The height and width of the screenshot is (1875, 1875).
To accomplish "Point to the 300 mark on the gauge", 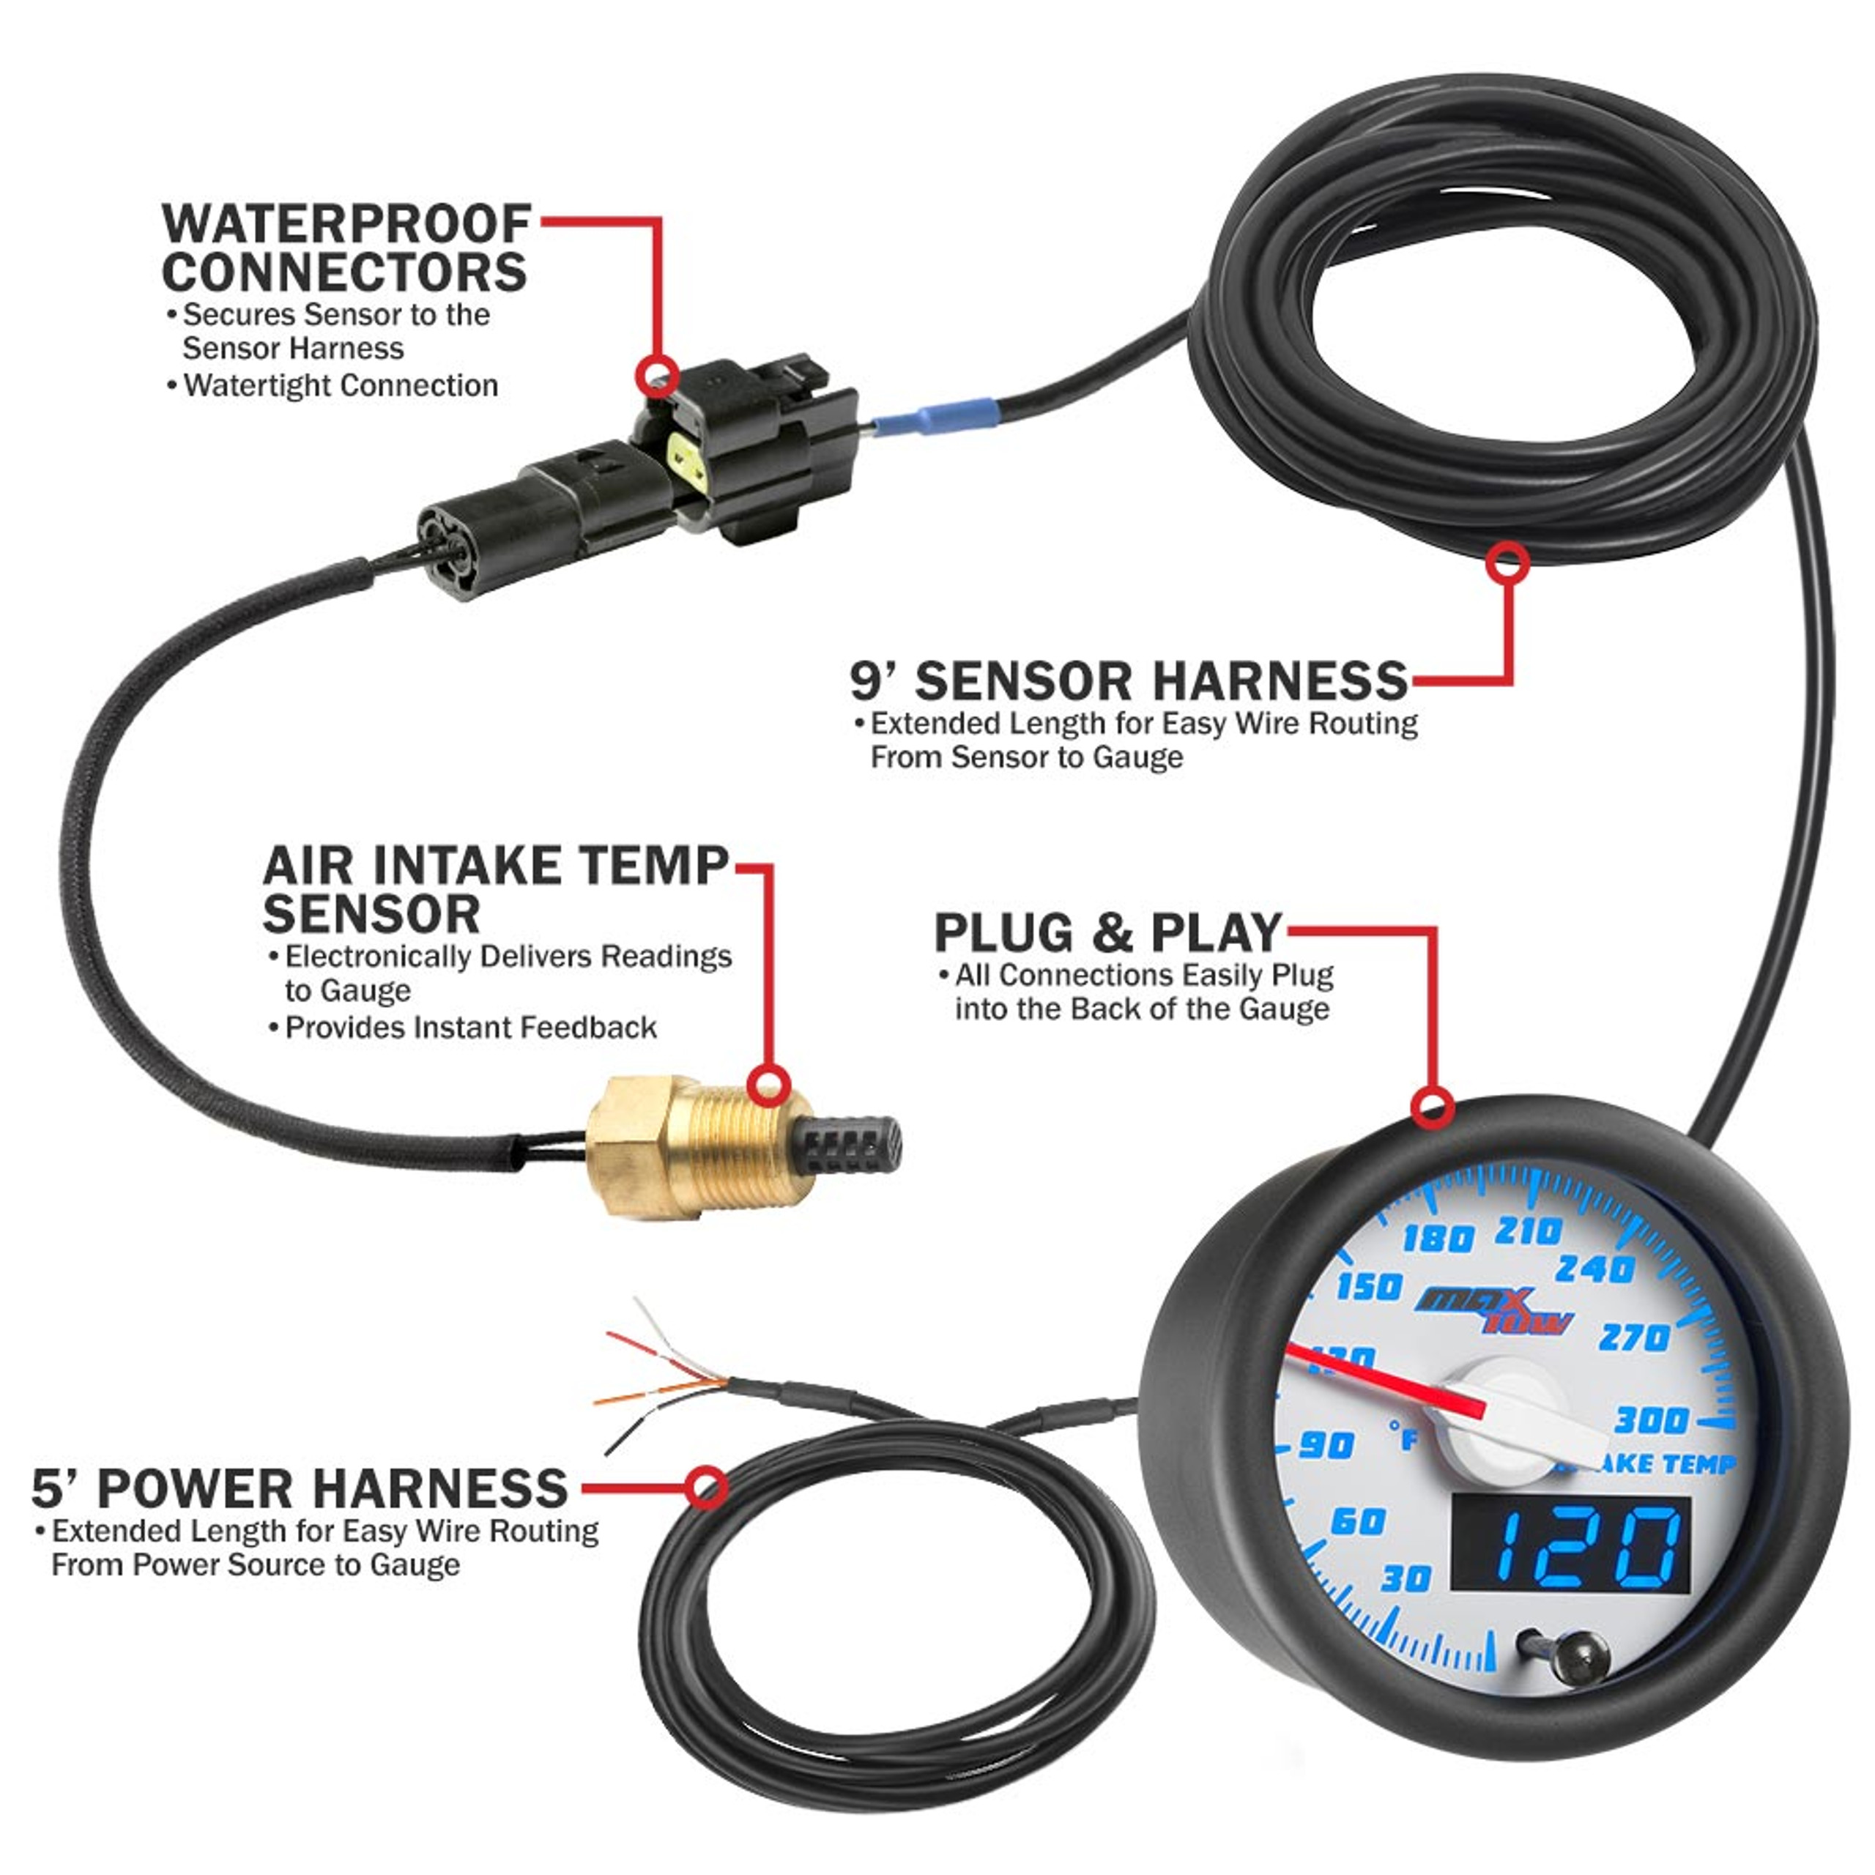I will coord(1650,1421).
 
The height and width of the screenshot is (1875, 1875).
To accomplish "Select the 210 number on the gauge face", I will coord(1528,1231).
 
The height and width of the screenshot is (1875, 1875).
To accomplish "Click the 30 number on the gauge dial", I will coord(1406,1578).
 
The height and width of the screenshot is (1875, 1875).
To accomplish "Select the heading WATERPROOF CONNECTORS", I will coord(346,248).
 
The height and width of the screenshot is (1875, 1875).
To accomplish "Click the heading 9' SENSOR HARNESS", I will coord(1129,681).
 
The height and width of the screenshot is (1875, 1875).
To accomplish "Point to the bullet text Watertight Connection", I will coord(340,385).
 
